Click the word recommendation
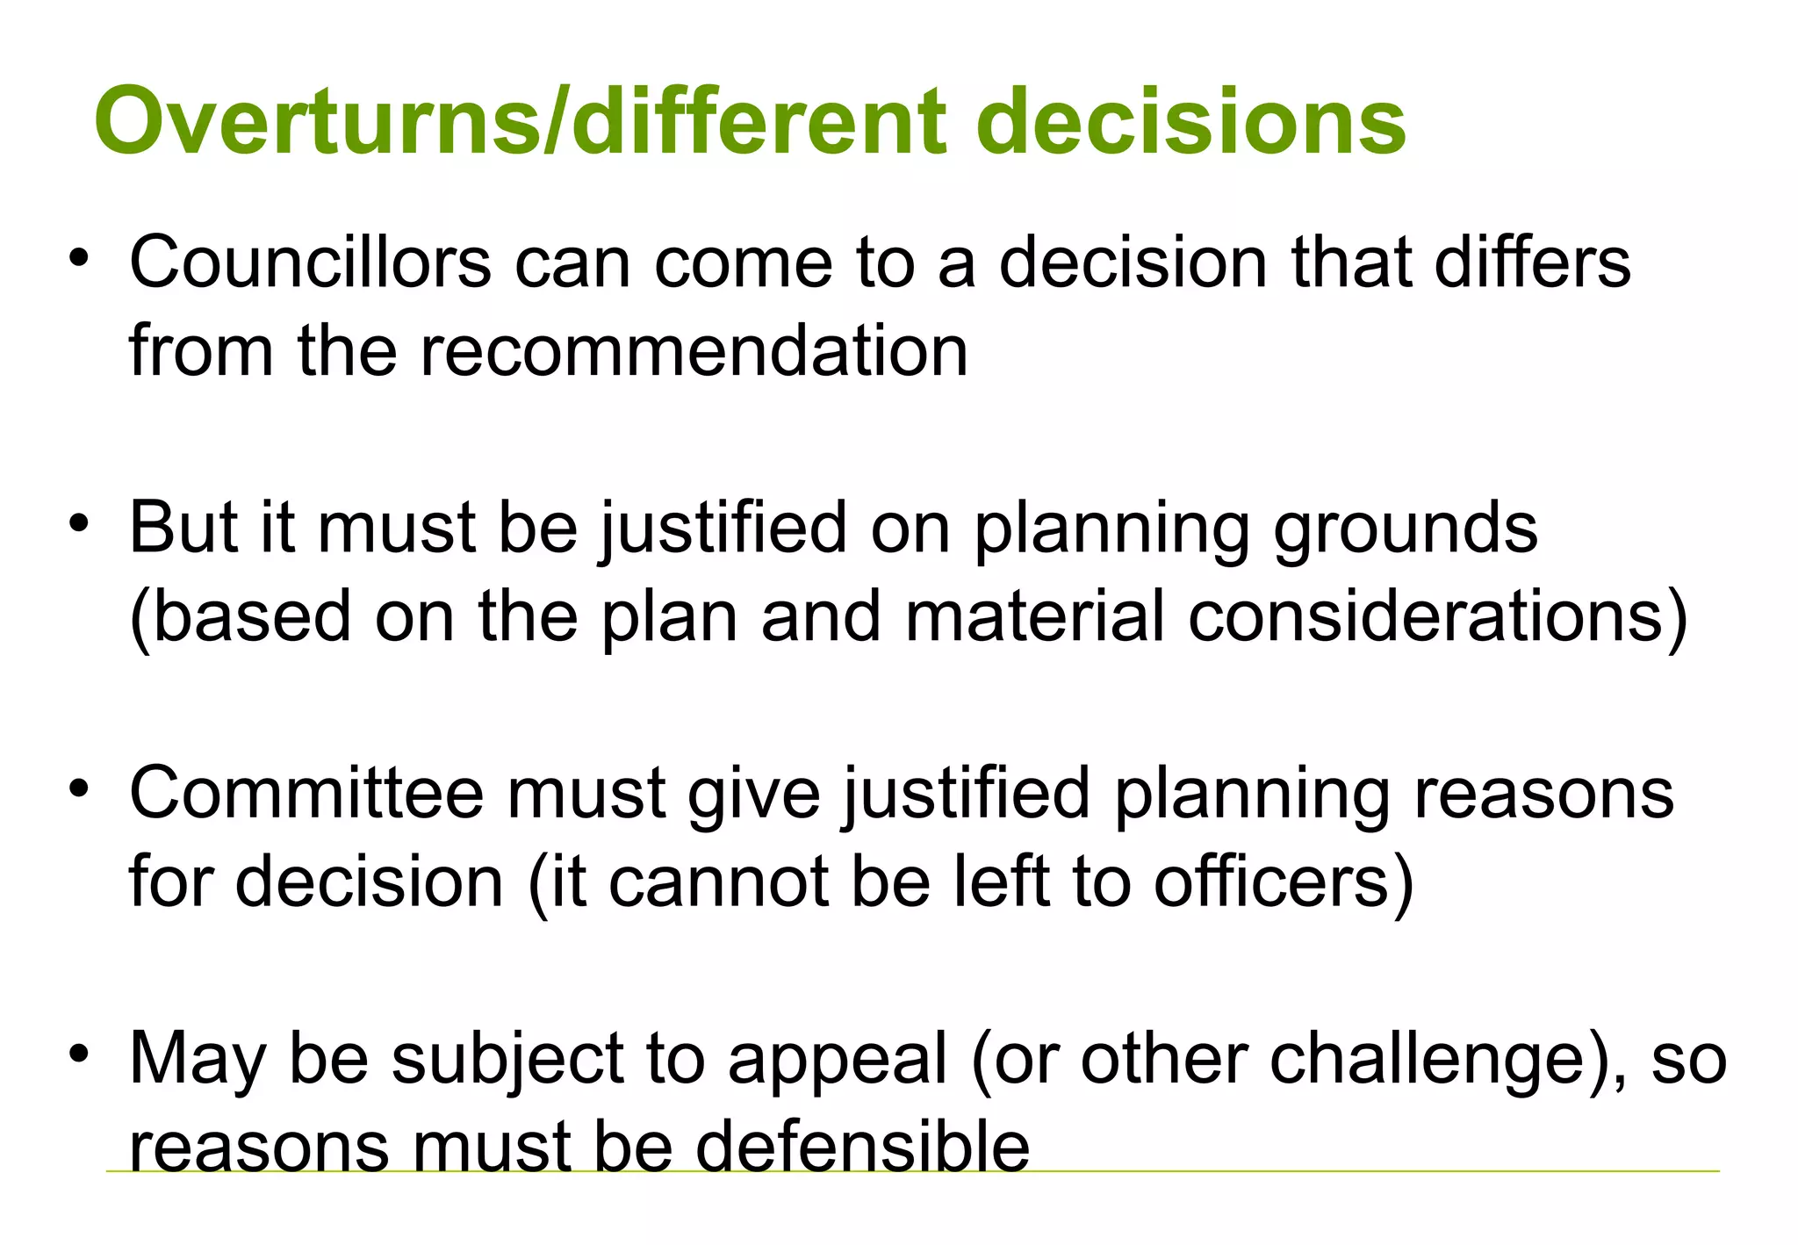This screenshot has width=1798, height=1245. (694, 350)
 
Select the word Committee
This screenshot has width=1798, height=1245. (306, 794)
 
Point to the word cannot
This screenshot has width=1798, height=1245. (719, 882)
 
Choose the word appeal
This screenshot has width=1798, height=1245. (838, 1060)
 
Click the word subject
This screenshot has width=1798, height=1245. (507, 1060)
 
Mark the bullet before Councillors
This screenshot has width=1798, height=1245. (80, 259)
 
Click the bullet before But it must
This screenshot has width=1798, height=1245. (80, 524)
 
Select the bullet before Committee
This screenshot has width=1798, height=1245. (80, 789)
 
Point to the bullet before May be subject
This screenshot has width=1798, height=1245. (80, 1054)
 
